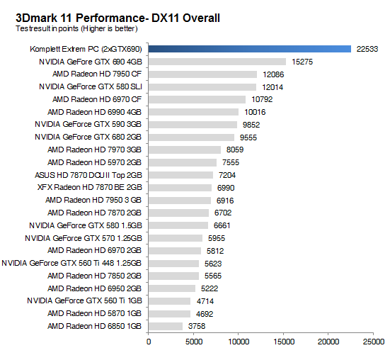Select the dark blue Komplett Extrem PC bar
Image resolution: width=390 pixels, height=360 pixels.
pyautogui.click(x=250, y=49)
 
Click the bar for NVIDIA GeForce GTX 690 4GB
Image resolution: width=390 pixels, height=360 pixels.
pyautogui.click(x=217, y=62)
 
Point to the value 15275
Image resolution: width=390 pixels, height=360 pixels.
pyautogui.click(x=303, y=62)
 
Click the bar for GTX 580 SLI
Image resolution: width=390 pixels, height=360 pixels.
pyautogui.click(x=202, y=86)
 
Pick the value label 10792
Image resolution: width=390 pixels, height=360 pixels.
pyautogui.click(x=263, y=99)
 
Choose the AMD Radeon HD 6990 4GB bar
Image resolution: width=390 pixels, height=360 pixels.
pyautogui.click(x=193, y=112)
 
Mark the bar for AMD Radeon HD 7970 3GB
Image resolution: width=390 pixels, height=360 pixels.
pyautogui.click(x=185, y=150)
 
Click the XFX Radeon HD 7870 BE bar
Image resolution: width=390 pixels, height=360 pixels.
pyautogui.click(x=180, y=187)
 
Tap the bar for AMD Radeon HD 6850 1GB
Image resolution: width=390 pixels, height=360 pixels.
pyautogui.click(x=166, y=326)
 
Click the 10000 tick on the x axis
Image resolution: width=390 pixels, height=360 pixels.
pyautogui.click(x=239, y=342)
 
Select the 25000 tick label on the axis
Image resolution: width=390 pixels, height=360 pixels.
pyautogui.click(x=374, y=342)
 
